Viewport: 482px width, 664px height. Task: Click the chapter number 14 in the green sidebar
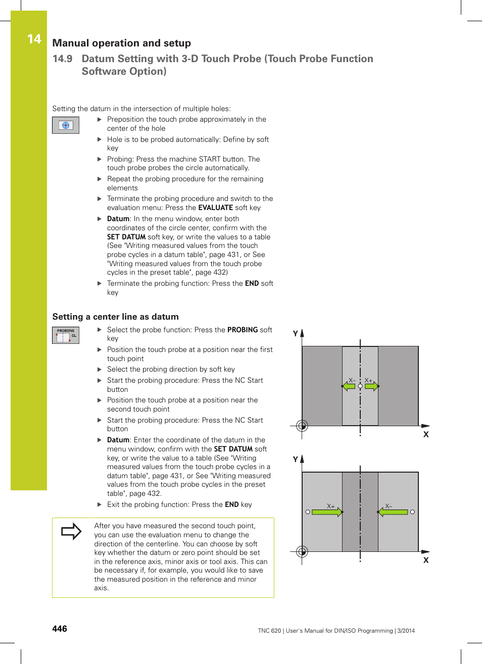click(34, 39)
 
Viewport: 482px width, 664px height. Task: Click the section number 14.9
click(62, 59)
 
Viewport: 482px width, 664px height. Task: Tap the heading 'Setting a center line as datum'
click(115, 317)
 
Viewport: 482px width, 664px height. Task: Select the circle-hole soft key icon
click(66, 125)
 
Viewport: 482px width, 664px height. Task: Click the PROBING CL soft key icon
click(66, 335)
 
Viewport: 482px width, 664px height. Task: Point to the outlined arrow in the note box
click(71, 531)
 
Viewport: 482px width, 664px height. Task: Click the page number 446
click(60, 629)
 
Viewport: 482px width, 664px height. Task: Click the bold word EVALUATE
click(215, 208)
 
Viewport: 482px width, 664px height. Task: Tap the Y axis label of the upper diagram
click(296, 334)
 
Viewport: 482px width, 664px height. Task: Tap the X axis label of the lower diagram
click(426, 560)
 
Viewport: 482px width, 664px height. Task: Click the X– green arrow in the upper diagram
click(349, 386)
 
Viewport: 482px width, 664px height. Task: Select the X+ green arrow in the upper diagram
click(371, 386)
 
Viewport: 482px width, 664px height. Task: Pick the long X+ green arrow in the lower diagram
click(327, 512)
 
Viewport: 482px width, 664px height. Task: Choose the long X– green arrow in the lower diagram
click(393, 512)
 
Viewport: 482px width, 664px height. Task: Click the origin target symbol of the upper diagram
click(302, 426)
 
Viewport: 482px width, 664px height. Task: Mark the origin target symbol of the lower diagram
click(302, 551)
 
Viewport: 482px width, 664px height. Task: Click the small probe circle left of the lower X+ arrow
click(308, 512)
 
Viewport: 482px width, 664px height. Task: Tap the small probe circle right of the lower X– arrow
click(412, 512)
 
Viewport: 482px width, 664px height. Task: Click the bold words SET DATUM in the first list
click(126, 237)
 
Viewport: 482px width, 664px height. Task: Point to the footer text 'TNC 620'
click(269, 631)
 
